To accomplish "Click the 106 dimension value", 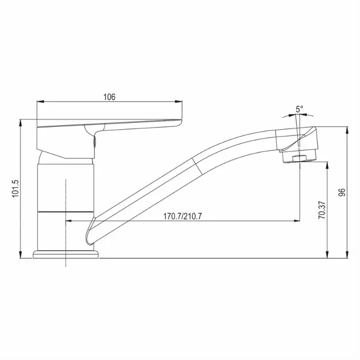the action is [109, 97].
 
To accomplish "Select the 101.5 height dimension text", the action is [15, 189].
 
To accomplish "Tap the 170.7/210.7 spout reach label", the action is [182, 216].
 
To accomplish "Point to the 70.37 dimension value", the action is [322, 210].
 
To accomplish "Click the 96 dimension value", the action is [342, 192].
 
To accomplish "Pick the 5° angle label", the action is [299, 109].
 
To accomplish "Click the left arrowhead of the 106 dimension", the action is [40, 102].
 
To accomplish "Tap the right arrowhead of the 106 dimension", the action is [178, 102].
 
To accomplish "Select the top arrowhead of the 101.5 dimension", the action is [21, 123].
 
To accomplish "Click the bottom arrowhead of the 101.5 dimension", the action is [21, 255].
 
